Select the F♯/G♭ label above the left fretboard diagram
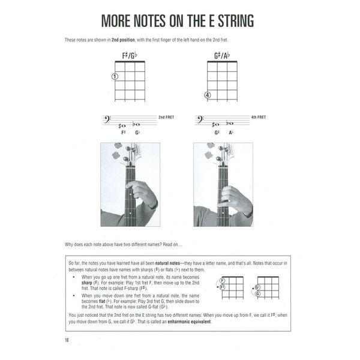click(x=130, y=55)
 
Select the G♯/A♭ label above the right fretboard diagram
click(x=221, y=55)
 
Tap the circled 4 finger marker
click(x=207, y=95)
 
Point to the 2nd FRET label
click(x=166, y=116)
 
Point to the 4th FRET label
click(x=258, y=116)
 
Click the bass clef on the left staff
click(x=107, y=121)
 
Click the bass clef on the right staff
click(x=200, y=121)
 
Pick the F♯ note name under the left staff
click(x=123, y=133)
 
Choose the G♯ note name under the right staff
click(x=216, y=133)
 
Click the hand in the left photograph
click(x=143, y=194)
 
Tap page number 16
click(x=67, y=341)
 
